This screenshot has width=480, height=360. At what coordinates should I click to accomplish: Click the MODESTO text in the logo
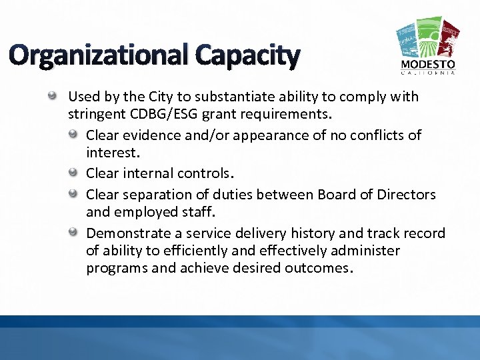click(428, 64)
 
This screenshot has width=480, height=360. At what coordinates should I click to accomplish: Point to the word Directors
click(406, 194)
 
